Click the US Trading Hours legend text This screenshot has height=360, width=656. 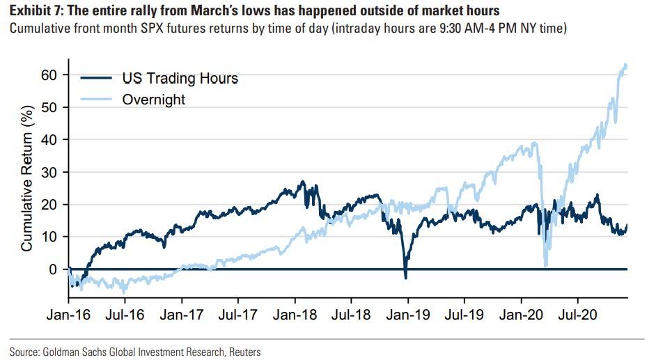(x=180, y=79)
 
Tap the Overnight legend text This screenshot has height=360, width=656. (x=154, y=99)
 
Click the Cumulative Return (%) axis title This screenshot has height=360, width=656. (x=26, y=174)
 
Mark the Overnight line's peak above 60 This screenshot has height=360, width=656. (x=625, y=65)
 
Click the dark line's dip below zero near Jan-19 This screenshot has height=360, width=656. (x=406, y=278)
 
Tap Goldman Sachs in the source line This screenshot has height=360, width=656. (x=69, y=352)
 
